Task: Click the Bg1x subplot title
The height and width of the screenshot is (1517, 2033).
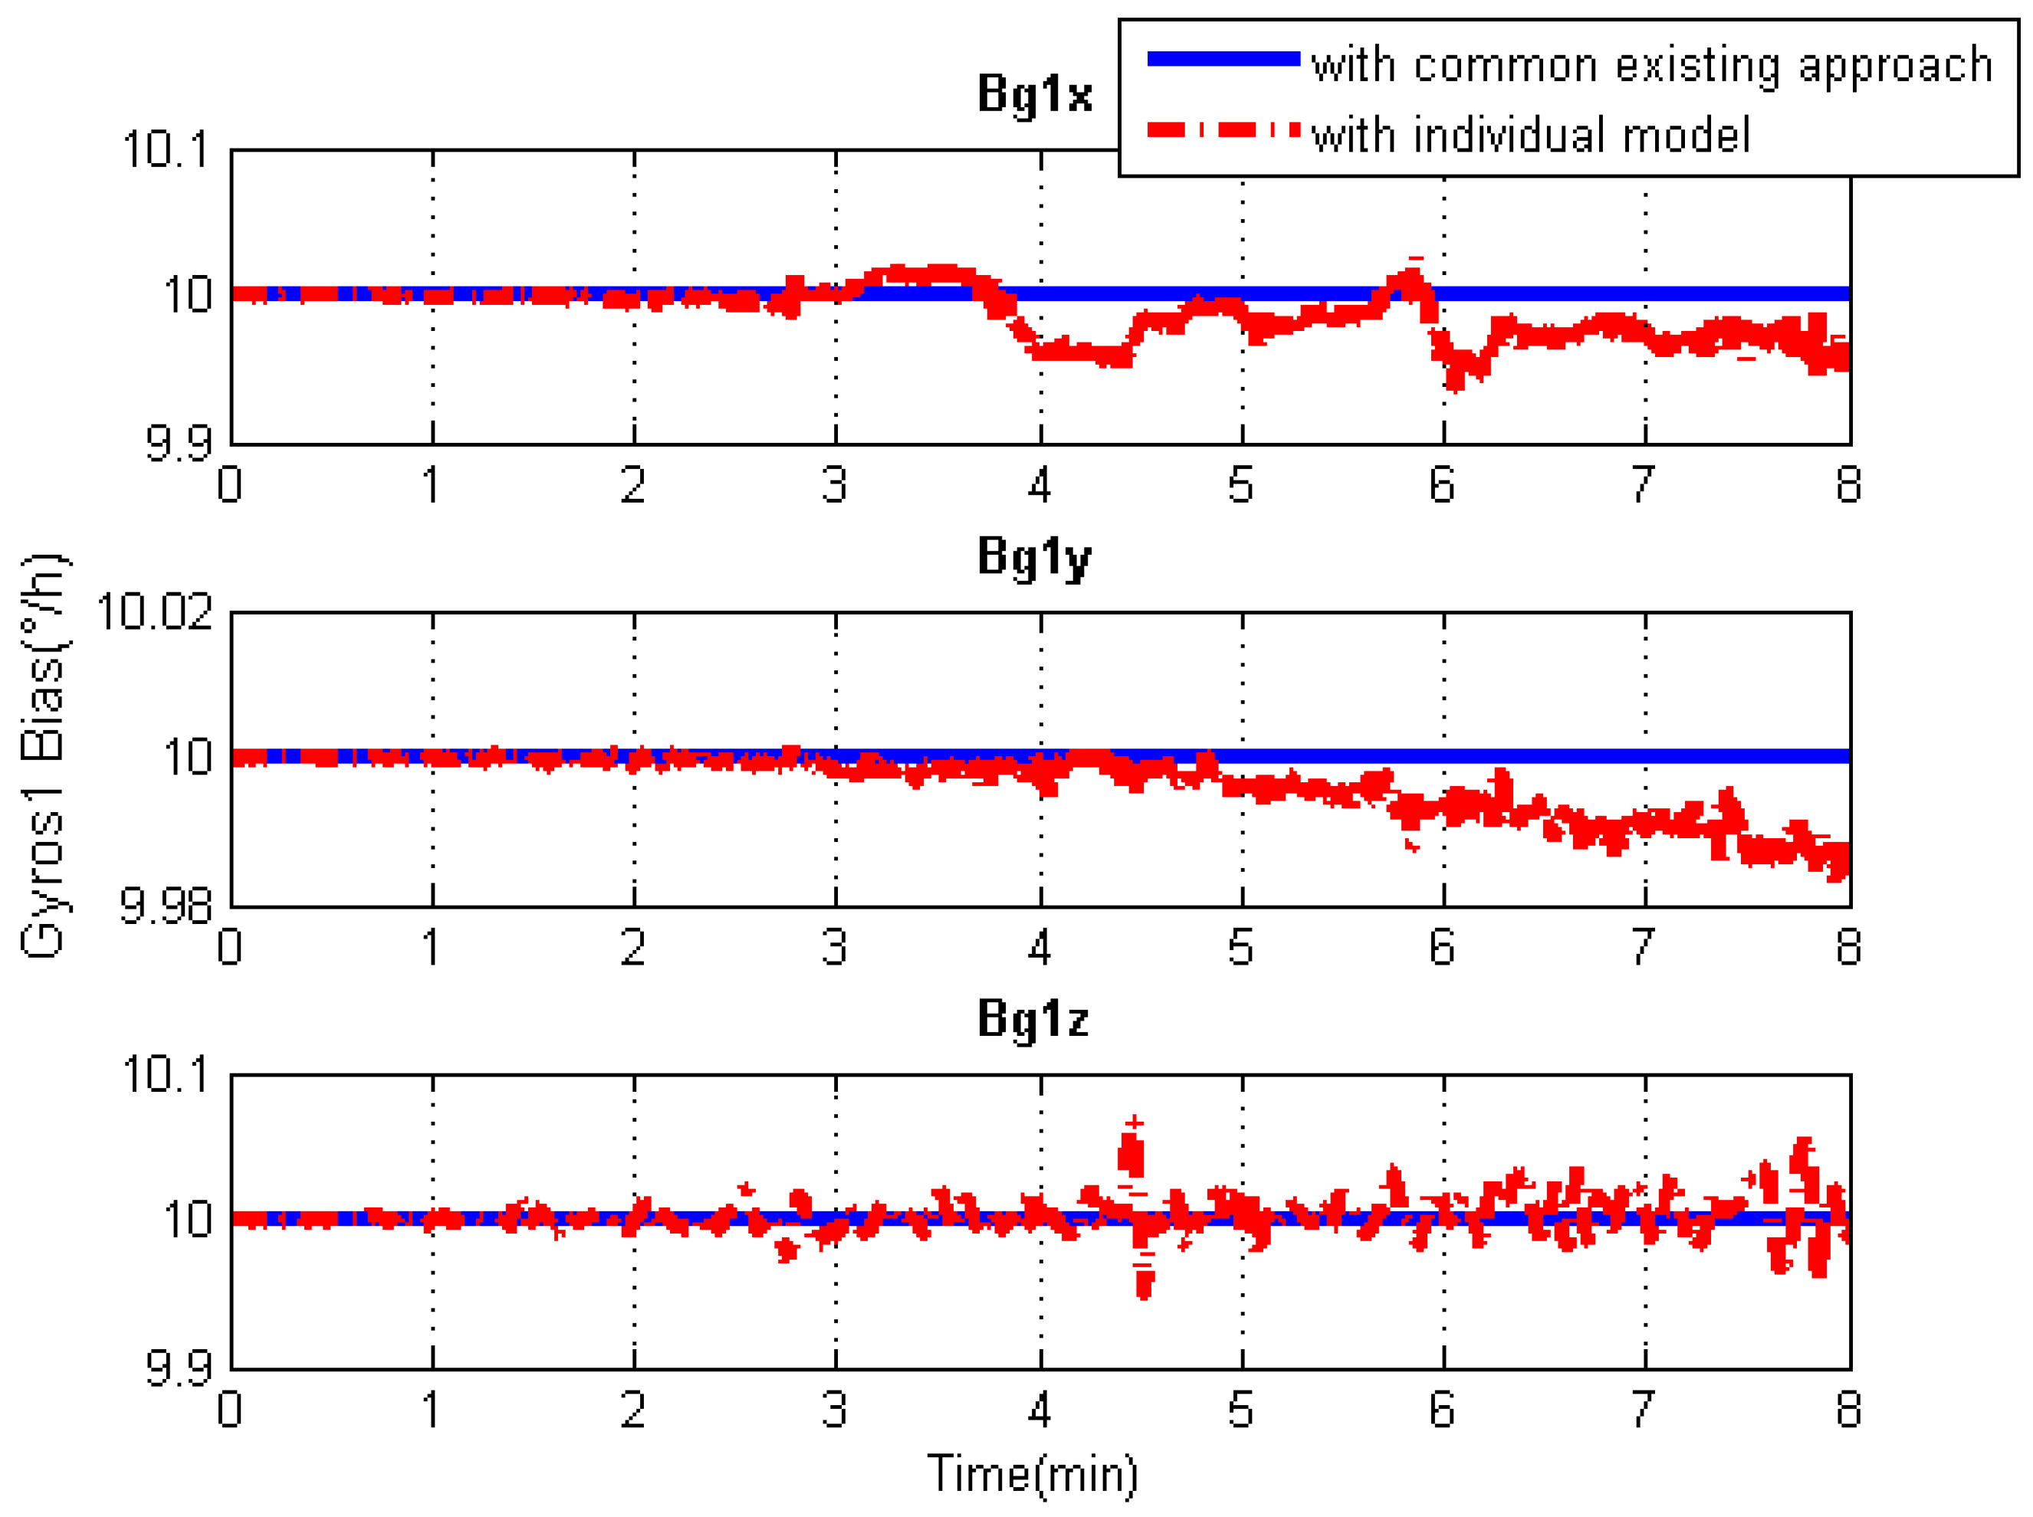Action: (1034, 93)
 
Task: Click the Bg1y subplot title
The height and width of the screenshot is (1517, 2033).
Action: (1034, 558)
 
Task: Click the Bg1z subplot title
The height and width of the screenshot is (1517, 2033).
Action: (1033, 1019)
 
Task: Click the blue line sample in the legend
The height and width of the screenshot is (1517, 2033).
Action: (1223, 60)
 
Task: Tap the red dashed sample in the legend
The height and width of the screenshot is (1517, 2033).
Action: (1223, 130)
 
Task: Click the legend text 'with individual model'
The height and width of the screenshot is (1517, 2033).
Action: (1530, 136)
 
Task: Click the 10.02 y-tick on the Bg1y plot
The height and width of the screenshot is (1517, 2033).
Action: (154, 611)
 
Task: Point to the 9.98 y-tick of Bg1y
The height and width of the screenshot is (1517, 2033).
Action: (166, 906)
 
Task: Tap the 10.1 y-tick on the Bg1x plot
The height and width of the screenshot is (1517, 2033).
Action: (166, 149)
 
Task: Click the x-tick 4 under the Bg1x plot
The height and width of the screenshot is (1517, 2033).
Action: (1039, 485)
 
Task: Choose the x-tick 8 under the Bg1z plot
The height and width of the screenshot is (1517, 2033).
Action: (1848, 1410)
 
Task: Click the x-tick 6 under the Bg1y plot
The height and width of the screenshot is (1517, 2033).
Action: (1442, 948)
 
